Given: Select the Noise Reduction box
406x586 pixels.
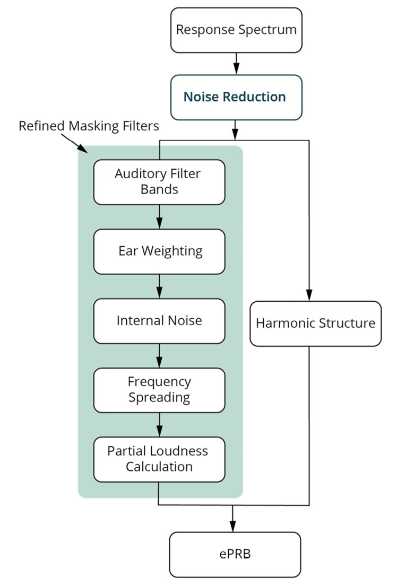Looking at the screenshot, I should [x=236, y=97].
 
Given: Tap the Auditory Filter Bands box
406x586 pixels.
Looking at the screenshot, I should [x=159, y=181].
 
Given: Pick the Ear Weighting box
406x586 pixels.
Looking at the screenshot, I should [x=159, y=251].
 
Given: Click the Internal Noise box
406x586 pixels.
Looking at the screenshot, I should [x=159, y=321].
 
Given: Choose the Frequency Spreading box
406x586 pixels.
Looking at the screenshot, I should [x=159, y=390].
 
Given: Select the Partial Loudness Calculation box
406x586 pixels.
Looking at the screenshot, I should [x=159, y=459].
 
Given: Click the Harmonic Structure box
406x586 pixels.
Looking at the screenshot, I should [x=315, y=323].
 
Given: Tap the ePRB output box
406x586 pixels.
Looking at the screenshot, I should [x=235, y=555].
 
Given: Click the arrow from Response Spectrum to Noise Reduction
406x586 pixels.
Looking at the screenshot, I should [x=236, y=63].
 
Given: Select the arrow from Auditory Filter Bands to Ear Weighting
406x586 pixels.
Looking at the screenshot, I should [x=159, y=216].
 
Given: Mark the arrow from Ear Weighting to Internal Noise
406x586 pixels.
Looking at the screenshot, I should [x=159, y=286].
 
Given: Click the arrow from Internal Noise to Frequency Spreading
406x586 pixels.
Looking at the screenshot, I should [x=159, y=355].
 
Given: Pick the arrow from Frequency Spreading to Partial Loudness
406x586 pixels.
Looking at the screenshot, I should [x=159, y=425].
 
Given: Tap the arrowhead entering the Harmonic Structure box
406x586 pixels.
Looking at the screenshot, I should [x=309, y=296].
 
